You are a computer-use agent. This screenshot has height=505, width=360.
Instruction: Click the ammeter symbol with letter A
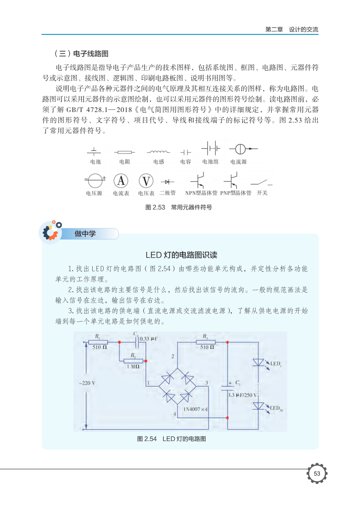coord(121,181)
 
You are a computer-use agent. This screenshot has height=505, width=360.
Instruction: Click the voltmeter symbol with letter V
coord(146,181)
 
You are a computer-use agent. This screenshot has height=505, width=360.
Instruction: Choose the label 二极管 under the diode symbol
coord(168,193)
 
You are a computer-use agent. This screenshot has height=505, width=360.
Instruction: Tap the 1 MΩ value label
coord(133,367)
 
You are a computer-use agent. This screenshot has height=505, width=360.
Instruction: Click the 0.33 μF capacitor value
coord(149,339)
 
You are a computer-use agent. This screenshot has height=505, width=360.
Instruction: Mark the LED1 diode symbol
coord(259,363)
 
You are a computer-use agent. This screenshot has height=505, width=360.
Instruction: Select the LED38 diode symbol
coord(259,406)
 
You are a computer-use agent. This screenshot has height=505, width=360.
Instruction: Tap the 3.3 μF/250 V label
coord(243,395)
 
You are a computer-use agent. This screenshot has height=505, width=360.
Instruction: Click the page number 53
coord(316,474)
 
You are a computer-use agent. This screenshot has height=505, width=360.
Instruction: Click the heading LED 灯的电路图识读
coord(181,255)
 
